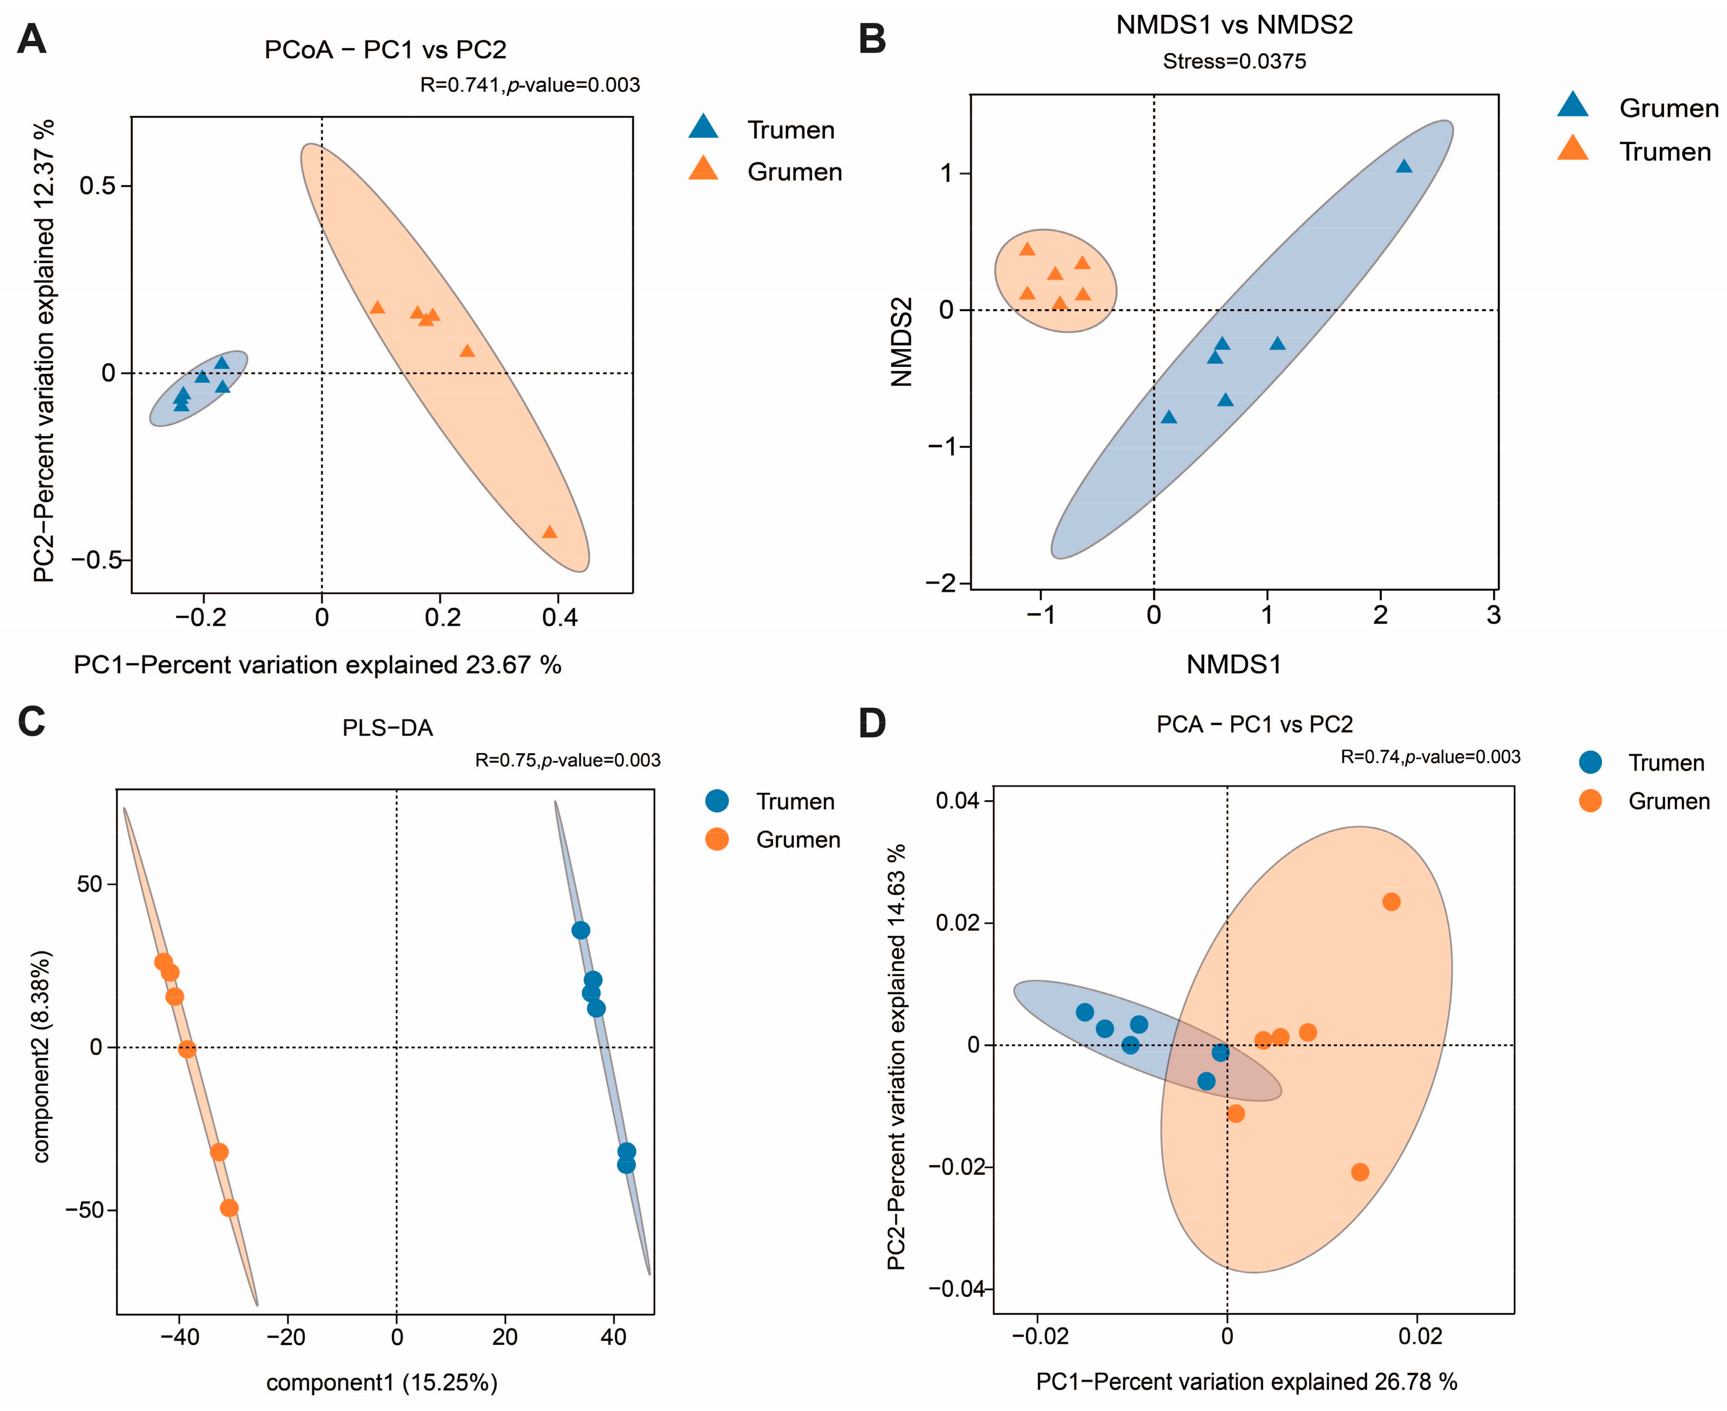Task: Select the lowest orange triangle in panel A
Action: (550, 532)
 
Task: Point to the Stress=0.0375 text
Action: (1234, 62)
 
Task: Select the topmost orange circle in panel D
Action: (1391, 902)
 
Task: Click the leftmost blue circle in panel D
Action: (1085, 1012)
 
